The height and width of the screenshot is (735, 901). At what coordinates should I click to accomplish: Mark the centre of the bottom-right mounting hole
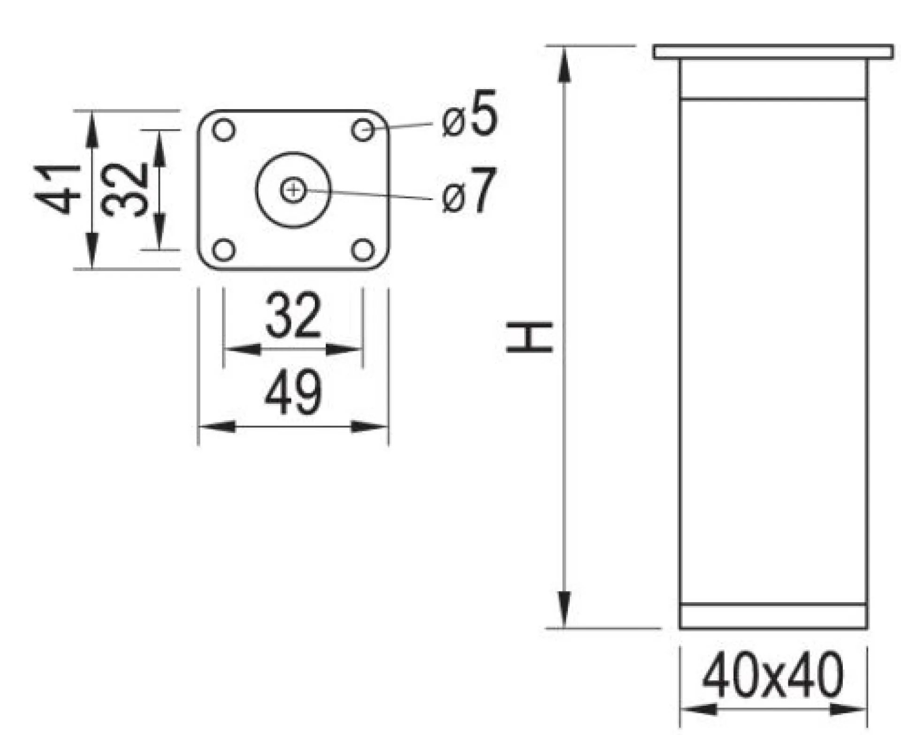pos(363,250)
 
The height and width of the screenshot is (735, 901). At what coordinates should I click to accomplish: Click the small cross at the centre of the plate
pos(293,190)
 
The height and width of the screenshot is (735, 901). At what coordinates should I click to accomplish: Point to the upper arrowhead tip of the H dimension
pos(565,46)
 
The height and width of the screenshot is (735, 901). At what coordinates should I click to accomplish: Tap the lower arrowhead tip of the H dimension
pos(565,628)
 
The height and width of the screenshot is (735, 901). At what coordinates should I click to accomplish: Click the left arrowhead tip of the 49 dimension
pos(199,427)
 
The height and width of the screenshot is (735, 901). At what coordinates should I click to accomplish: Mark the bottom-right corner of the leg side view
pos(867,629)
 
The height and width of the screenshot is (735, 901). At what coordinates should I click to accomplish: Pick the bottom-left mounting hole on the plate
pos(224,250)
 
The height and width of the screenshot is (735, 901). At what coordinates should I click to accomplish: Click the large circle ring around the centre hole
pos(293,153)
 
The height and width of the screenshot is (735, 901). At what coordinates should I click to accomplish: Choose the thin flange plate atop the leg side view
pos(773,52)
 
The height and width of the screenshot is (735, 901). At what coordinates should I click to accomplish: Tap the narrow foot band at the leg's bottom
pos(773,616)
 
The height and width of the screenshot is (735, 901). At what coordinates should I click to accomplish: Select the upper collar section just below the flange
pos(773,79)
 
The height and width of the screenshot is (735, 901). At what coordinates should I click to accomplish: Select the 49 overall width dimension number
pos(293,392)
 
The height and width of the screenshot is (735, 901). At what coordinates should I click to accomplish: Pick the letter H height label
pos(530,336)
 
